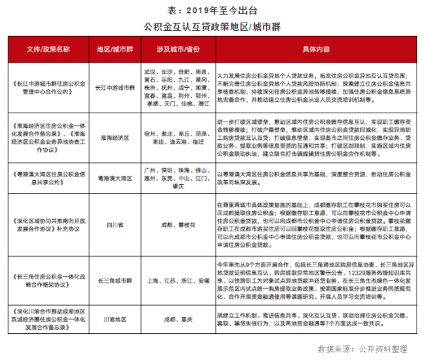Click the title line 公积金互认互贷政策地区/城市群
(x=210, y=27)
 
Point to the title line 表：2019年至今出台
(x=210, y=11)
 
